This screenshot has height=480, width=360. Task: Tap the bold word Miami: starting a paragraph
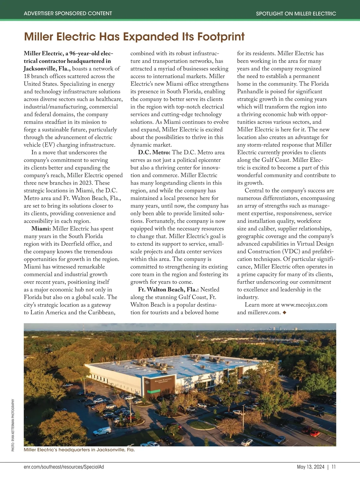coord(41,229)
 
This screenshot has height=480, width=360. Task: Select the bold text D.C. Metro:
coord(154,152)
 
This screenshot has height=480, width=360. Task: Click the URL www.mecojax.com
coord(304,305)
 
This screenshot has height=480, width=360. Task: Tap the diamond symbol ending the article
coord(284,312)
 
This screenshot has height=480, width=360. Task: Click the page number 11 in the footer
coord(334,467)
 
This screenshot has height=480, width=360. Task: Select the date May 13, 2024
coord(310,467)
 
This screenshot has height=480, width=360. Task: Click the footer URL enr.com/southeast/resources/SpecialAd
coord(64,467)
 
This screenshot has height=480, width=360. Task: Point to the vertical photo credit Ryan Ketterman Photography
coord(13,425)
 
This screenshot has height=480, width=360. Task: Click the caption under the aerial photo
coord(79,450)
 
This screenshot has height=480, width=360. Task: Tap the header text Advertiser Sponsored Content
coord(68,13)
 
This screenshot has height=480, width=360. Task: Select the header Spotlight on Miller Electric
coord(296,13)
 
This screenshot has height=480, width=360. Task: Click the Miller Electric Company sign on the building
coord(163,381)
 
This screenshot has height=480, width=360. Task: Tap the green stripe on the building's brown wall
coord(154,391)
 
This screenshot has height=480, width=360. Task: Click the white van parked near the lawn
coord(102,431)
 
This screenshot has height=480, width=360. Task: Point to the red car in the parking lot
coord(314,433)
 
